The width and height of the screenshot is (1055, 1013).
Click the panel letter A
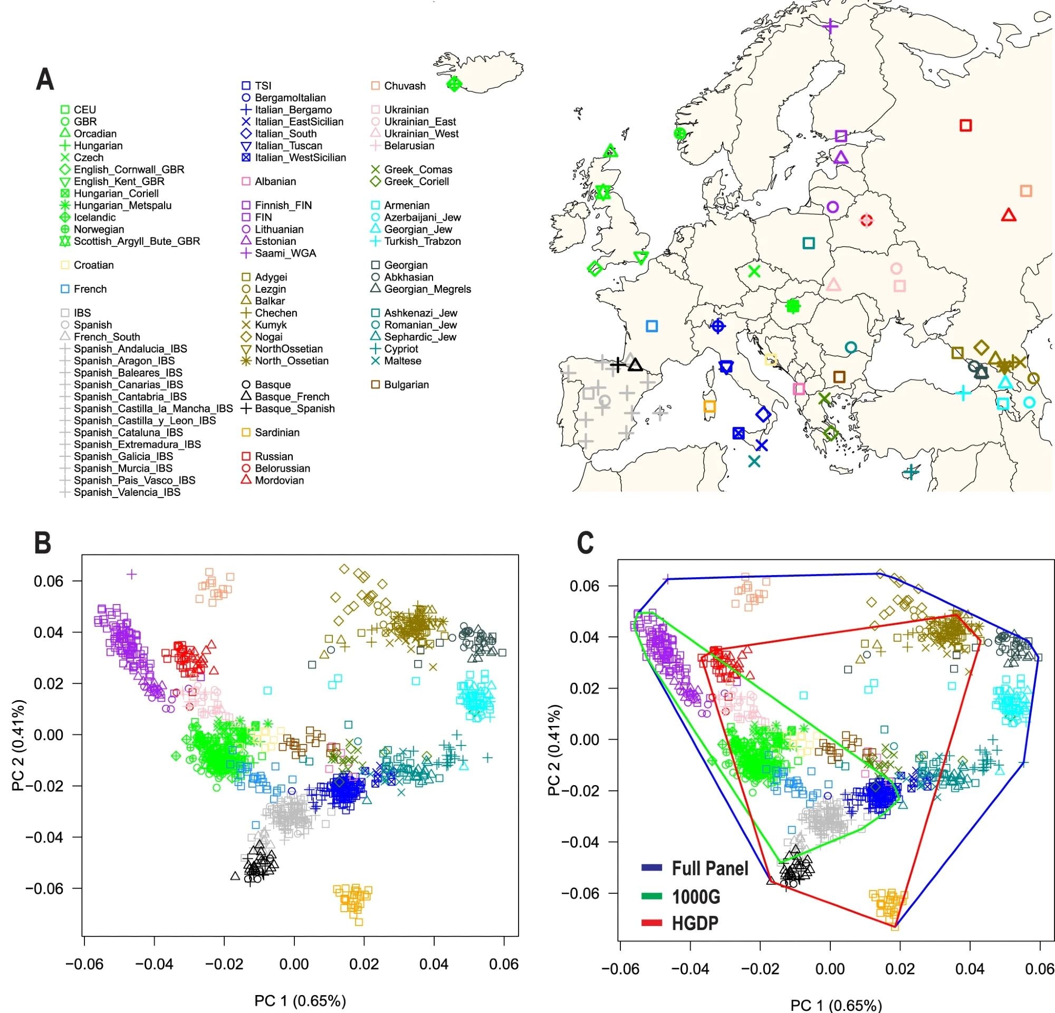(x=45, y=80)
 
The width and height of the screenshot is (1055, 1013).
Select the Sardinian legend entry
(x=276, y=432)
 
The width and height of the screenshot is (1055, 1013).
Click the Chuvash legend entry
(x=404, y=85)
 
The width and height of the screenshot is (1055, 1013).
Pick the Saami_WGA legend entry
(x=285, y=253)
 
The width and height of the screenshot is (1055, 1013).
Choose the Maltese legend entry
(x=402, y=361)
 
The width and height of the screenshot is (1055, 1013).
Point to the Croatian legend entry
(x=93, y=265)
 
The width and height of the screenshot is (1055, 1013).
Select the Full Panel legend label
(x=710, y=868)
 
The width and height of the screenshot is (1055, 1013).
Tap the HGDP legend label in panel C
(x=695, y=924)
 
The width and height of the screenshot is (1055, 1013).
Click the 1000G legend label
(x=696, y=897)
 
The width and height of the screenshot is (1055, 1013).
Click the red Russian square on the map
(x=966, y=126)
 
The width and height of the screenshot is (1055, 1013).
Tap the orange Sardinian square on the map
(x=709, y=406)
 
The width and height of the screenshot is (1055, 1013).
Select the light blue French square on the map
(x=652, y=326)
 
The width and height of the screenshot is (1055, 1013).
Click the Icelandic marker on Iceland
(x=454, y=84)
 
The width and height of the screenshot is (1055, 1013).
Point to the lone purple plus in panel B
(x=131, y=575)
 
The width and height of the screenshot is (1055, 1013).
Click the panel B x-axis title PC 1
(x=300, y=1001)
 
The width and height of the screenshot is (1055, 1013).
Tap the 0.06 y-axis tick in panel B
(x=49, y=581)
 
